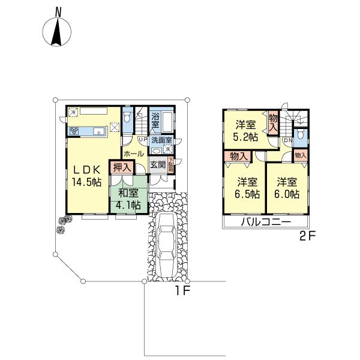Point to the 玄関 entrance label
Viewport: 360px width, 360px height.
pos(157,164)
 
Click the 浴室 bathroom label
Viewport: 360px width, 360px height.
pos(155,121)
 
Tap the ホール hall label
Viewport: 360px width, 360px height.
pos(133,154)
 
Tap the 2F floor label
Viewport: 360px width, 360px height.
pos(307,236)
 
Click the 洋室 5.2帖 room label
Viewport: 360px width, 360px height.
pos(245,131)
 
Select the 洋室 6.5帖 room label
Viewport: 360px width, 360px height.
pos(247,187)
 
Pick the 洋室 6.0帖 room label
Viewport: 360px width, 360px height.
pos(287,187)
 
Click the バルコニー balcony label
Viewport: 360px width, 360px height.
pos(266,222)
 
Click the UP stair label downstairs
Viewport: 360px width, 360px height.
pos(142,140)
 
